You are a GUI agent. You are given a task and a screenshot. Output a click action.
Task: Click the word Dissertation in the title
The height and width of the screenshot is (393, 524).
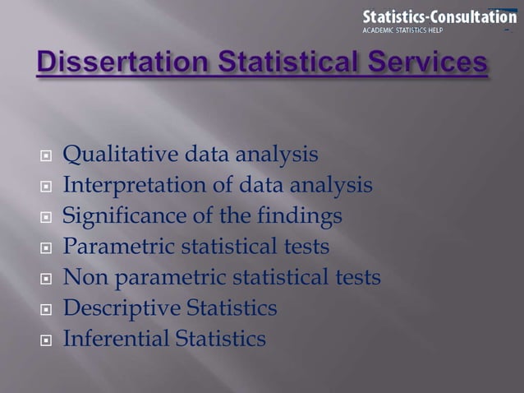point(117,64)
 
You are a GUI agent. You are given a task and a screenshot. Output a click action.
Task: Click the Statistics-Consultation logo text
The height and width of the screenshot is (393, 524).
point(439,16)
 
